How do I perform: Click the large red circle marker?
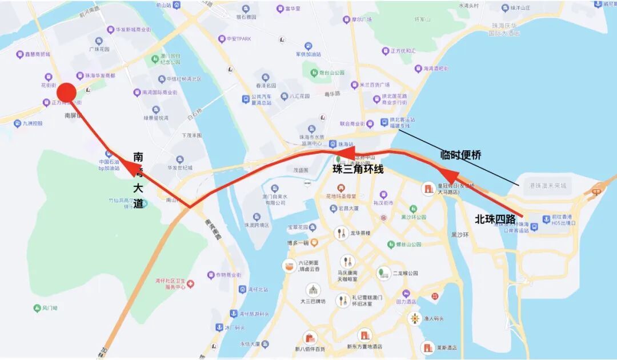[x=67, y=93]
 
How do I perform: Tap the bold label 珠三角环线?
[x=358, y=169]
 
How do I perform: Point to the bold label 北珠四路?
[x=495, y=219]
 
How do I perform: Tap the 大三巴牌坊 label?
[x=312, y=301]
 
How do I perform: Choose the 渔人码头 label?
[x=434, y=318]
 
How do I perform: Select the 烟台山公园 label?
[x=331, y=73]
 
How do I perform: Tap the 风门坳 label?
[x=50, y=309]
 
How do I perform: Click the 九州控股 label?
[x=33, y=123]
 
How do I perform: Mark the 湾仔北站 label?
[x=258, y=290]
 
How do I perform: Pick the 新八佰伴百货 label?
[x=310, y=349]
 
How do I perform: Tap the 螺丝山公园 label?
[x=408, y=244]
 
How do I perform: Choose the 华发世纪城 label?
[x=180, y=167]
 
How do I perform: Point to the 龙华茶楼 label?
[x=360, y=233]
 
